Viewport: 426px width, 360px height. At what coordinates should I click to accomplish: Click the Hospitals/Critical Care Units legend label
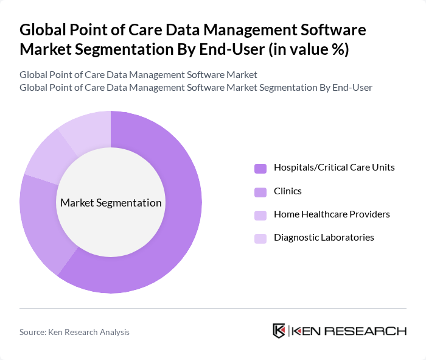(x=334, y=168)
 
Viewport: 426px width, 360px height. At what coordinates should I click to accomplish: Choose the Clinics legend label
(x=287, y=191)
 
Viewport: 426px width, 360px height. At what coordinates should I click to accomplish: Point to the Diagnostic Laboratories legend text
(x=324, y=238)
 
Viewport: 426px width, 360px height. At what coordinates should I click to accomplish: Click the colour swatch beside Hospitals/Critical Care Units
(x=260, y=168)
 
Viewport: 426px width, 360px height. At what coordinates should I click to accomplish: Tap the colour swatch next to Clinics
(x=260, y=191)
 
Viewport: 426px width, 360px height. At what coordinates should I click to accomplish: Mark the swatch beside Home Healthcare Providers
(x=260, y=214)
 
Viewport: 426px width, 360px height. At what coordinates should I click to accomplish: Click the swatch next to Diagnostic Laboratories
(x=260, y=238)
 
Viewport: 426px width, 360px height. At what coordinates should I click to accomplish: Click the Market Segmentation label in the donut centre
(x=111, y=203)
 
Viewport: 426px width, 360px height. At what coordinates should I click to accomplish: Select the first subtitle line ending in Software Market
(x=138, y=74)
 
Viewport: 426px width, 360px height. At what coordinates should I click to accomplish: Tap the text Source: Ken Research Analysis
(x=74, y=332)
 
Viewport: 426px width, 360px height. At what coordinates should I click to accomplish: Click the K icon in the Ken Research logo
(x=279, y=331)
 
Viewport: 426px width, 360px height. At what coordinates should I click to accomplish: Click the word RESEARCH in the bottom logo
(x=371, y=331)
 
